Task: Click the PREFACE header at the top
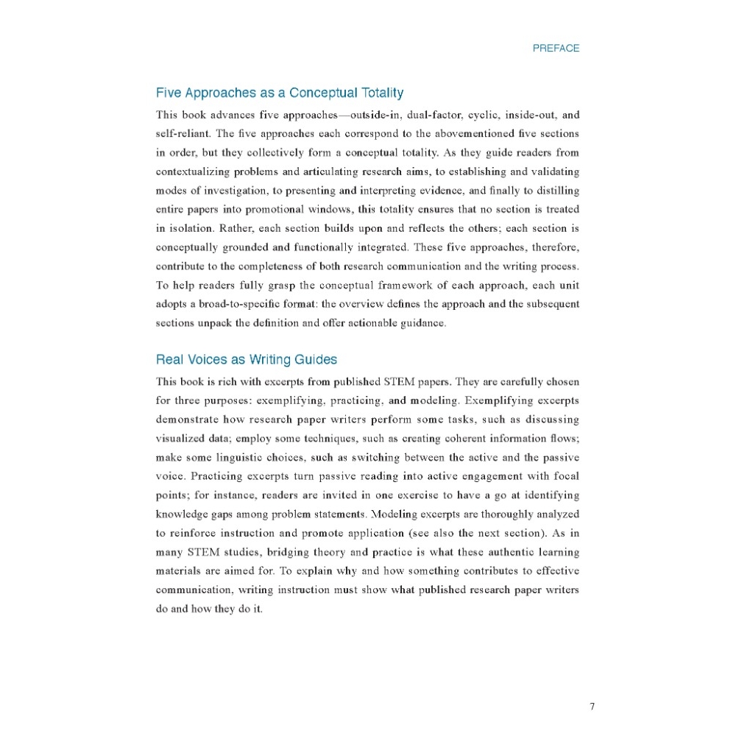point(556,49)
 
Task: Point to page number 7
point(592,707)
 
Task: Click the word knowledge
point(184,514)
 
